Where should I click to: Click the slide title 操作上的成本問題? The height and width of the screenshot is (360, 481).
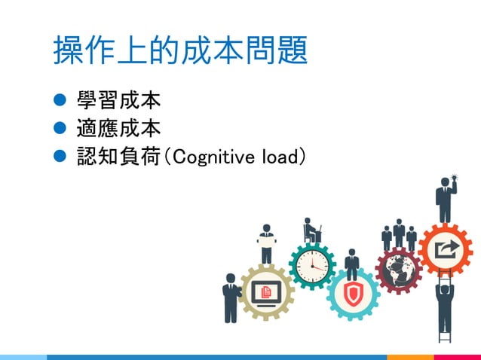click(180, 50)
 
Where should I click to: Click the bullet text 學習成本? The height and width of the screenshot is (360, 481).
click(118, 100)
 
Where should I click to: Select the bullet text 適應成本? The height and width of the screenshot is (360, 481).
click(118, 129)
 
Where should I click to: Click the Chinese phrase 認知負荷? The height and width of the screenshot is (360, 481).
click(118, 157)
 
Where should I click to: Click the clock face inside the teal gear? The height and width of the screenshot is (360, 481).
click(312, 265)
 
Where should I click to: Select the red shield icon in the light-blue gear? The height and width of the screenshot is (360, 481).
click(352, 293)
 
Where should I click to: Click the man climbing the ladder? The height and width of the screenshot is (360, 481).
click(445, 301)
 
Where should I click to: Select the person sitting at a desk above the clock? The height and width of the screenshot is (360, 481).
click(311, 231)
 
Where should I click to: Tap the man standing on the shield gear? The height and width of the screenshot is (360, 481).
click(351, 264)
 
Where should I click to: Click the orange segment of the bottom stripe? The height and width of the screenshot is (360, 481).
click(411, 356)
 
